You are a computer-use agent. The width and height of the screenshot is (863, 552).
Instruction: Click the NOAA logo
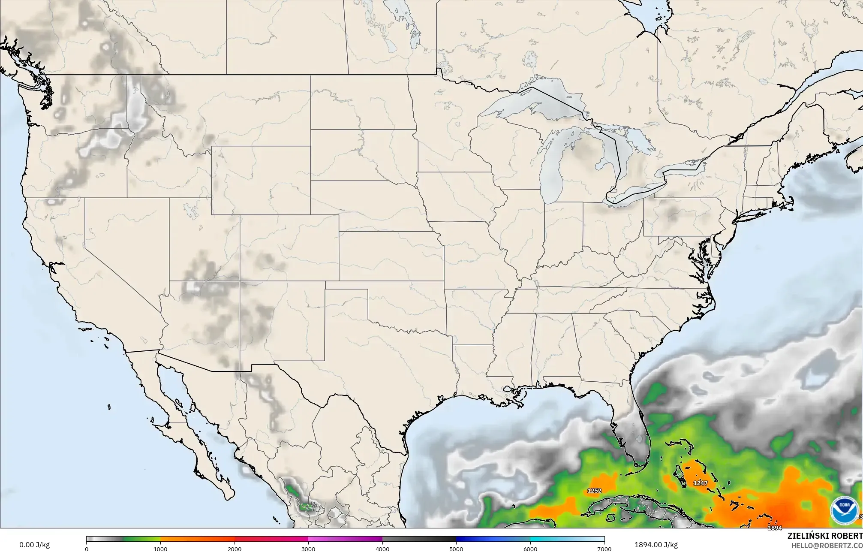844,510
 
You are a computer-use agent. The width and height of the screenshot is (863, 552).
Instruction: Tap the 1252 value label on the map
594,491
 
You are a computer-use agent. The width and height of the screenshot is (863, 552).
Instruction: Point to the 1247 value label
700,483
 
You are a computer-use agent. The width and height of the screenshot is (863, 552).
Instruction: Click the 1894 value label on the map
775,528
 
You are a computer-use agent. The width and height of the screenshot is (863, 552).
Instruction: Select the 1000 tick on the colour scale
160,549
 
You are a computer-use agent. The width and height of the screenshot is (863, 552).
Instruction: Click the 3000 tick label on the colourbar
308,549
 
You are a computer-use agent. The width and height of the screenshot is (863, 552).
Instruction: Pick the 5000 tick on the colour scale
456,549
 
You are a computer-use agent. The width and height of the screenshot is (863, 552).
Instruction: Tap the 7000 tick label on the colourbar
604,549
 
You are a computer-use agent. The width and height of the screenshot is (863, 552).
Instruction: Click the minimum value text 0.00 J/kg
34,545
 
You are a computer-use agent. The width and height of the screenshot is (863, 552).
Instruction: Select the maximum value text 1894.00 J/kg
656,545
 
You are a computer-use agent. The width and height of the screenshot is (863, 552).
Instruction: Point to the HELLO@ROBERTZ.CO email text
827,545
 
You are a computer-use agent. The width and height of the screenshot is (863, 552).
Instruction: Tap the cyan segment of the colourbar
549,539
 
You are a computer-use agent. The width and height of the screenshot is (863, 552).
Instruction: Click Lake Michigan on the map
553,172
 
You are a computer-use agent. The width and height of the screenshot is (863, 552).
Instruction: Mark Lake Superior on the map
532,103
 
